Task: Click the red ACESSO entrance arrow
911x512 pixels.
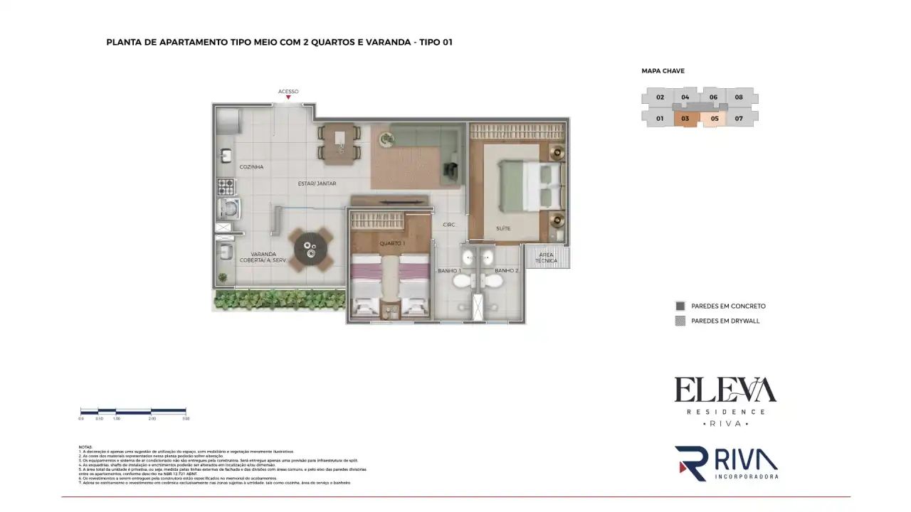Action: [288, 98]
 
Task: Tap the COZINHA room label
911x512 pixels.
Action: [251, 167]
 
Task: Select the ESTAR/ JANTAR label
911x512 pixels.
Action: [317, 183]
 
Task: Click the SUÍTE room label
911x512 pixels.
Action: [503, 228]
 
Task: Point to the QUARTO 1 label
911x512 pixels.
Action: [392, 243]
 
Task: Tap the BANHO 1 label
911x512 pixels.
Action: [450, 271]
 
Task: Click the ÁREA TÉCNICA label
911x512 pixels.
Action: [547, 257]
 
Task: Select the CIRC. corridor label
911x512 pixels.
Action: [449, 225]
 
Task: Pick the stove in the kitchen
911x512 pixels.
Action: [226, 188]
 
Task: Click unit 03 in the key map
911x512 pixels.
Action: [685, 119]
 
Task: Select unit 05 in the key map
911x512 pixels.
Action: [714, 119]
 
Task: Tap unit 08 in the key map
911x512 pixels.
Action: [739, 97]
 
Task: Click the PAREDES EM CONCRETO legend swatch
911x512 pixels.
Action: [680, 306]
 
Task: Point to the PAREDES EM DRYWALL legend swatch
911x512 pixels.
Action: [680, 321]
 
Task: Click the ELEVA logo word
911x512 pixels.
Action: [725, 390]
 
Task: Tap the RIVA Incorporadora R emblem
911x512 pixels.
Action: [690, 464]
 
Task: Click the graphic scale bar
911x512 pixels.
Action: [133, 411]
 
